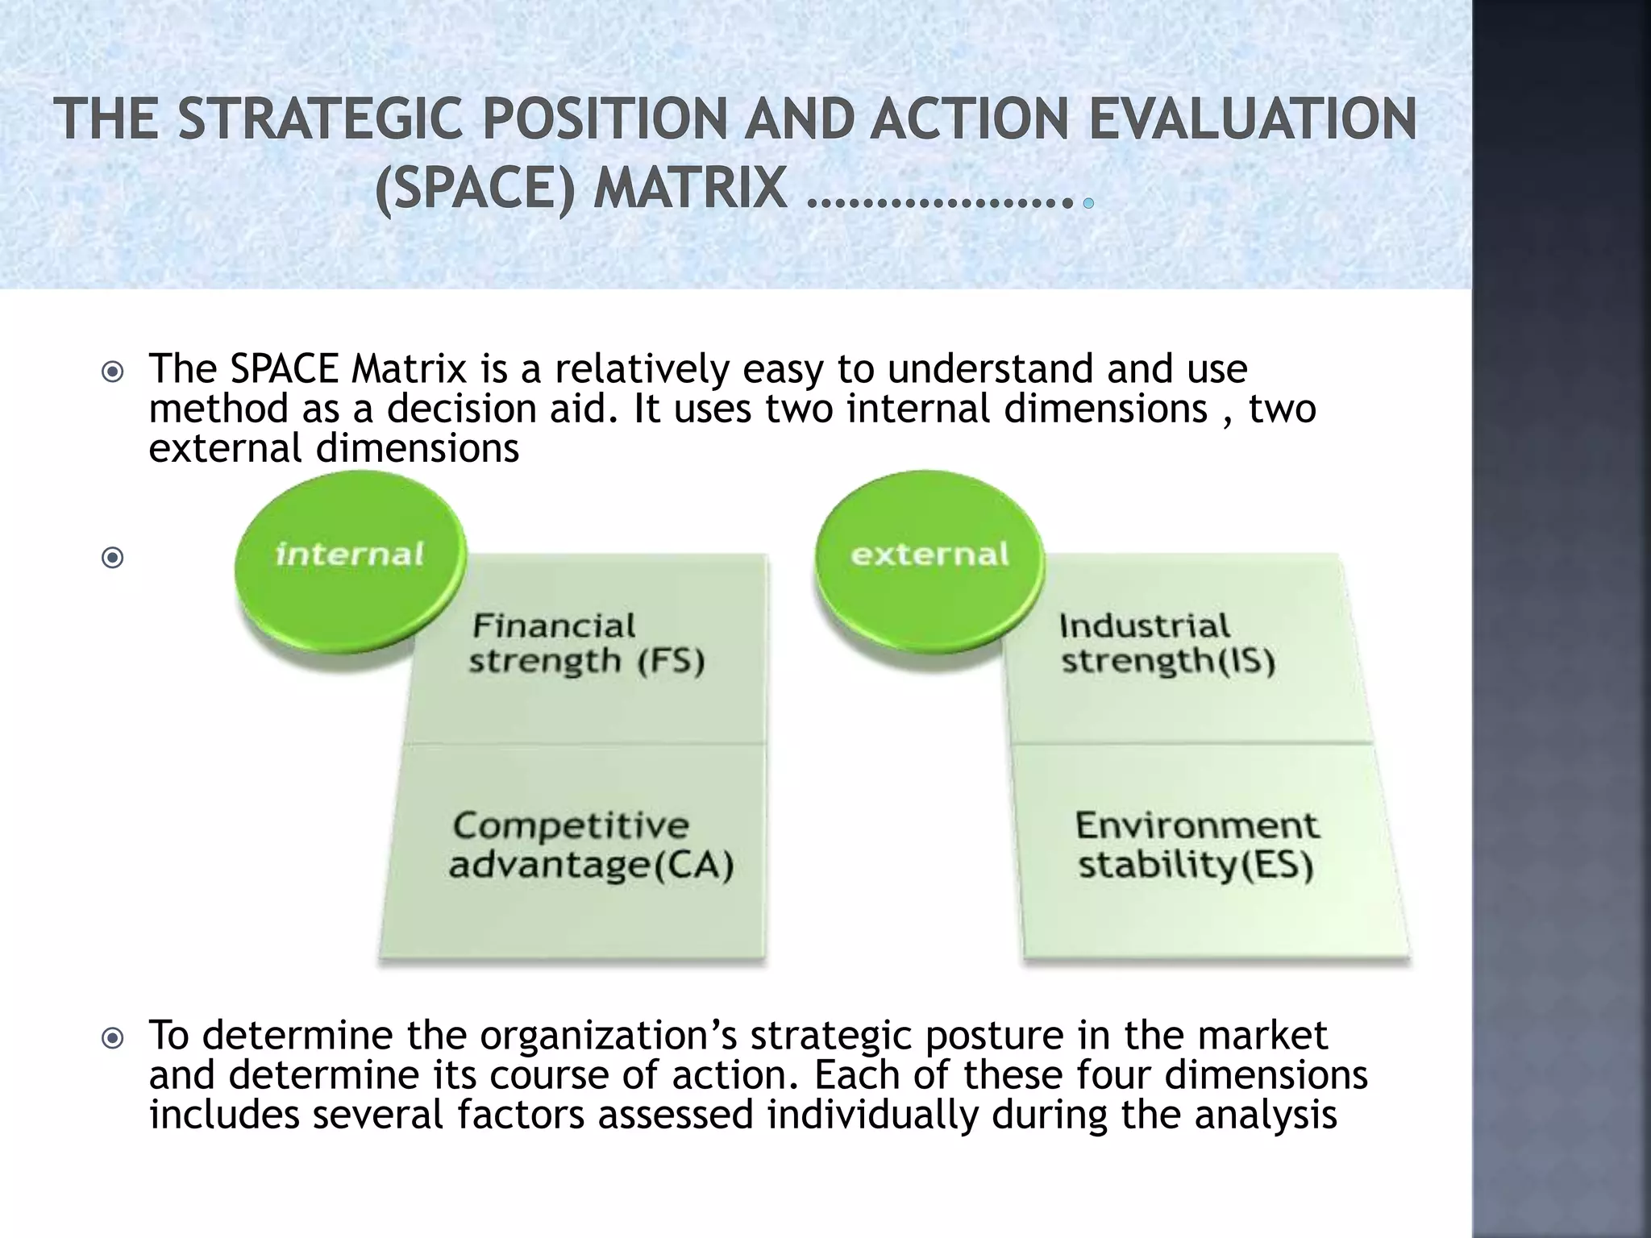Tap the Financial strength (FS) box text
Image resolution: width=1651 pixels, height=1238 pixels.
coord(586,643)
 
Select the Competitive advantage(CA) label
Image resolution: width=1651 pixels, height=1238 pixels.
coord(591,845)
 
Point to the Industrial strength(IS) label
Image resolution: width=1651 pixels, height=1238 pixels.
coord(1167,643)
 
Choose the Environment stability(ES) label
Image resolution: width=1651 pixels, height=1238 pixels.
coord(1196,845)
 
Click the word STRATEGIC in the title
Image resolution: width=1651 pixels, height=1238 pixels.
coord(320,119)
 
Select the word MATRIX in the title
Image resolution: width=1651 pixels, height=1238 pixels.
coord(690,189)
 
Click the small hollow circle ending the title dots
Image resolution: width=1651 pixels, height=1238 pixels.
coord(1088,203)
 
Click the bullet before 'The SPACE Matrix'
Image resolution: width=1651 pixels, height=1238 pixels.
coord(113,372)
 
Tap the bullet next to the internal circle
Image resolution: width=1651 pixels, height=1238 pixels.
coord(113,557)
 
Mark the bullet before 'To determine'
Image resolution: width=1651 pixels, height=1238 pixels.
coord(113,1038)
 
